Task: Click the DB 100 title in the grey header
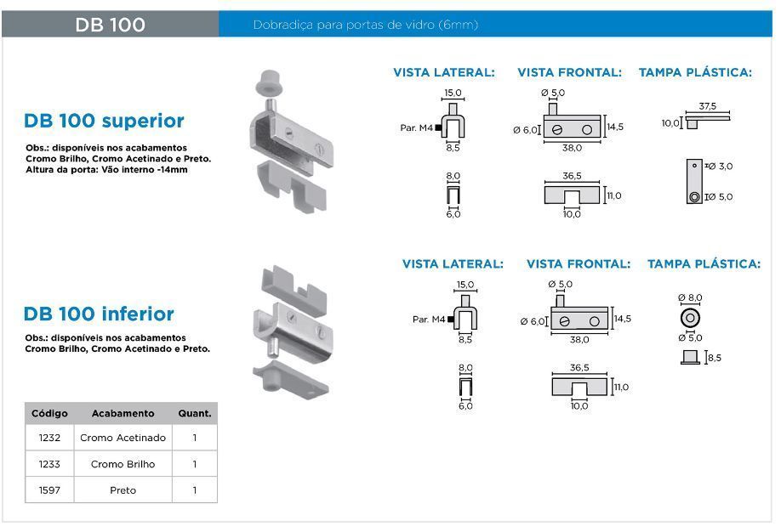tap(110, 25)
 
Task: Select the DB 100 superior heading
tap(104, 121)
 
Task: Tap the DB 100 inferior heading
tap(99, 314)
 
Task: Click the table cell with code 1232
tap(49, 438)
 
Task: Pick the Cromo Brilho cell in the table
tap(123, 464)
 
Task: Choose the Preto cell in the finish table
tap(123, 490)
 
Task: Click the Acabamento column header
tap(123, 413)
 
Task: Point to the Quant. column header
tap(194, 413)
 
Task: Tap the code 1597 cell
tap(49, 490)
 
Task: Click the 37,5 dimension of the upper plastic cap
tap(706, 107)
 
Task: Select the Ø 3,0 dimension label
tap(720, 166)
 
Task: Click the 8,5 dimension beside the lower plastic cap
tap(714, 358)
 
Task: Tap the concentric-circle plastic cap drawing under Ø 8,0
tap(690, 318)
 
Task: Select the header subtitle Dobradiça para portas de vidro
tap(365, 25)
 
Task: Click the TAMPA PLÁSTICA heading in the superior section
tap(695, 72)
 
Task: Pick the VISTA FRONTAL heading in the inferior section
tap(579, 264)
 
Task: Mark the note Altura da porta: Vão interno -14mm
tap(106, 169)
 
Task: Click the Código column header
tap(49, 413)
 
